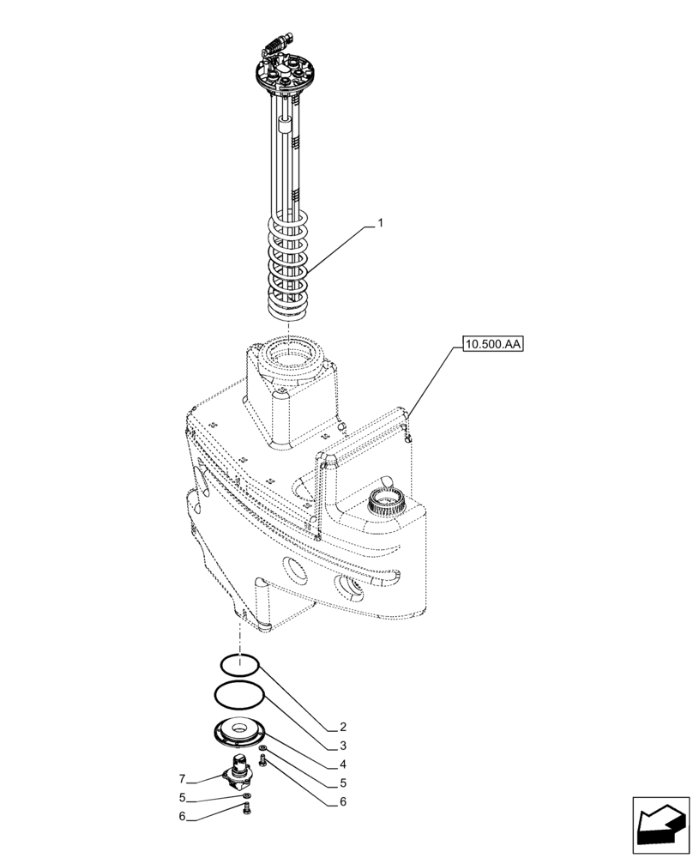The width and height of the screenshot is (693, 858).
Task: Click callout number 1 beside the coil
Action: coord(380,223)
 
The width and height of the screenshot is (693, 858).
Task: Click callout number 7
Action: coord(182,779)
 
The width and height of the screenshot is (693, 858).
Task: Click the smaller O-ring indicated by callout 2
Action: coord(239,664)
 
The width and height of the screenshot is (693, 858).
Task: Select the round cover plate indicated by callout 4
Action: coord(238,732)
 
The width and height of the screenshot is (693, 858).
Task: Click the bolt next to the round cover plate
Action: coord(262,760)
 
